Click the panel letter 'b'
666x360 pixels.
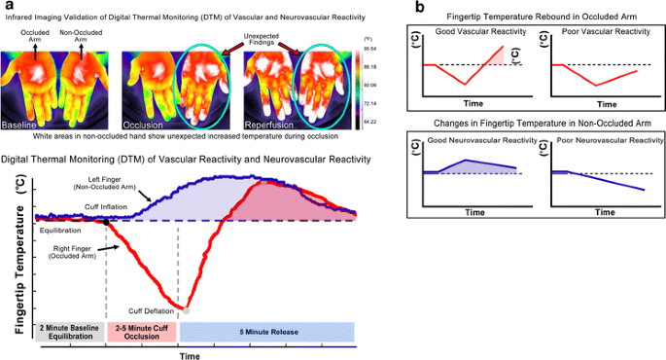point(419,8)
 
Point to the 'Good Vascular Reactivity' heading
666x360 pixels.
point(473,33)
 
